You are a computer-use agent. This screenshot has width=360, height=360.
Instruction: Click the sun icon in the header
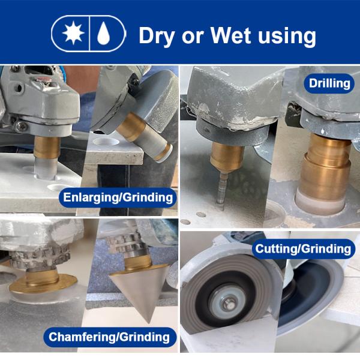[x=73, y=34]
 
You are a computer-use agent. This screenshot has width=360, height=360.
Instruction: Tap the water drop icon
[x=104, y=34]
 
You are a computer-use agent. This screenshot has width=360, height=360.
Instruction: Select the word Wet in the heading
[x=230, y=35]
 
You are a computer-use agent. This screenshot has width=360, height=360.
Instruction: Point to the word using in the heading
[x=287, y=37]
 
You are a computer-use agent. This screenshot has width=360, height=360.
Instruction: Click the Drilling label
[x=329, y=83]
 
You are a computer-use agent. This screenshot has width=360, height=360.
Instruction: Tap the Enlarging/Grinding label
[x=118, y=197]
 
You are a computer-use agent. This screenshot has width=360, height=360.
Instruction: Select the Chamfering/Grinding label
[x=109, y=337]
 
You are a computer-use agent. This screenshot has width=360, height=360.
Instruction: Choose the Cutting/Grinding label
[x=303, y=248]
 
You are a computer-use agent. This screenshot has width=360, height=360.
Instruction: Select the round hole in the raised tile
[x=106, y=142]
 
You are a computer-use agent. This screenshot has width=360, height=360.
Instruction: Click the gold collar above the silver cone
[x=138, y=263]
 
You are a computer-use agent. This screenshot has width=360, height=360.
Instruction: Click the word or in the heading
[x=193, y=37]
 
